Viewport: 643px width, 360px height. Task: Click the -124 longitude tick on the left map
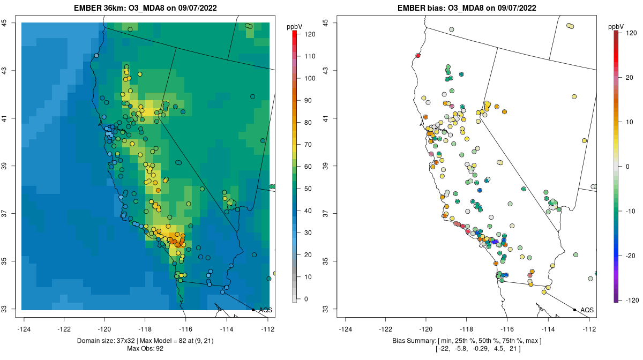tap(24, 328)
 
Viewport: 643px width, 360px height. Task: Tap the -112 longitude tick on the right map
tap(589, 328)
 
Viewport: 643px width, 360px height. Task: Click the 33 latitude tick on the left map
tap(5, 309)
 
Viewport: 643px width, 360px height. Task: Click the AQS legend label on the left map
tap(265, 310)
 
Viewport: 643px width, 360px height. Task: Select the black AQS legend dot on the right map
tap(574, 310)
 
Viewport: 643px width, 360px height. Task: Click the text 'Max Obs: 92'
tap(146, 349)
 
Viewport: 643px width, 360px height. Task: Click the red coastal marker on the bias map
tap(418, 55)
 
